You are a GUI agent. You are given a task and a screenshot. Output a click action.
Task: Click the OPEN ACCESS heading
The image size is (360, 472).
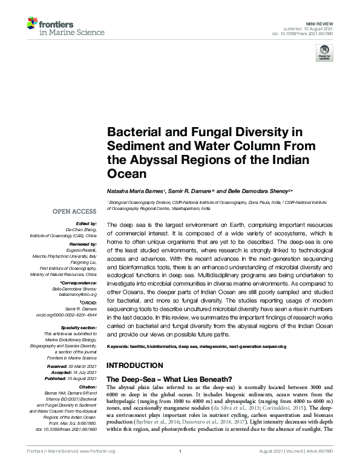pos(74,211)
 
